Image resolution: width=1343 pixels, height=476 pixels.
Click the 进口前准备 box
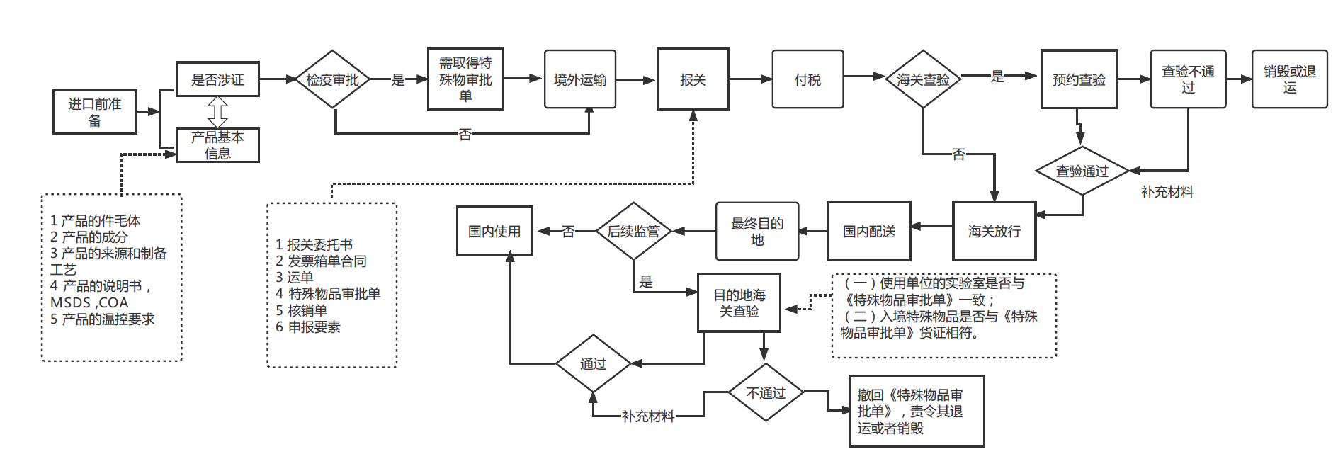(x=95, y=112)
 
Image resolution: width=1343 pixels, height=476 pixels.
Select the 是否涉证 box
(x=217, y=79)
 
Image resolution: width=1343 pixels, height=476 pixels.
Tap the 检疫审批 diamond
(x=332, y=79)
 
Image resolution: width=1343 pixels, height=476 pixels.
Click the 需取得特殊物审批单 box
(x=465, y=79)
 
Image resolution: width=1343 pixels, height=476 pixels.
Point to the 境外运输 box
(x=579, y=79)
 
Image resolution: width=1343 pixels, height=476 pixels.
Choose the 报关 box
(x=693, y=79)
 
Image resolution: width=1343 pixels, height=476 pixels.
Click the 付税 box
(x=807, y=79)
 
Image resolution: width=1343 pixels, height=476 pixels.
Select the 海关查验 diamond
(x=923, y=79)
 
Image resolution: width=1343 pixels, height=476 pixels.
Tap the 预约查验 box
(x=1079, y=79)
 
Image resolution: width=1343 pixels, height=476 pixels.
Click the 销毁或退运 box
(x=1289, y=79)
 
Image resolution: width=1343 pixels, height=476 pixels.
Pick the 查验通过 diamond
(x=1082, y=171)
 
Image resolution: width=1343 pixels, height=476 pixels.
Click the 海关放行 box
(x=994, y=232)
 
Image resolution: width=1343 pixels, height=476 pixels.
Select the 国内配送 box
(x=869, y=232)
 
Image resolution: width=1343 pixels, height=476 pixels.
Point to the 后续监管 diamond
(x=633, y=232)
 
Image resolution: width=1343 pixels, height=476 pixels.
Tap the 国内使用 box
(x=494, y=232)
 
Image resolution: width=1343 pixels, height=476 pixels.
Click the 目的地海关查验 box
(x=739, y=303)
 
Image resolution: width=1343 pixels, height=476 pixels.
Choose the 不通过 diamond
(x=766, y=392)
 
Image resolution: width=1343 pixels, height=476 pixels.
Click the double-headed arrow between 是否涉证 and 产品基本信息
(x=217, y=112)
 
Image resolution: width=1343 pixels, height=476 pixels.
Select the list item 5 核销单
(x=302, y=310)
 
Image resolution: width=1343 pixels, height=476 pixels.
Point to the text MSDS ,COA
(x=89, y=302)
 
